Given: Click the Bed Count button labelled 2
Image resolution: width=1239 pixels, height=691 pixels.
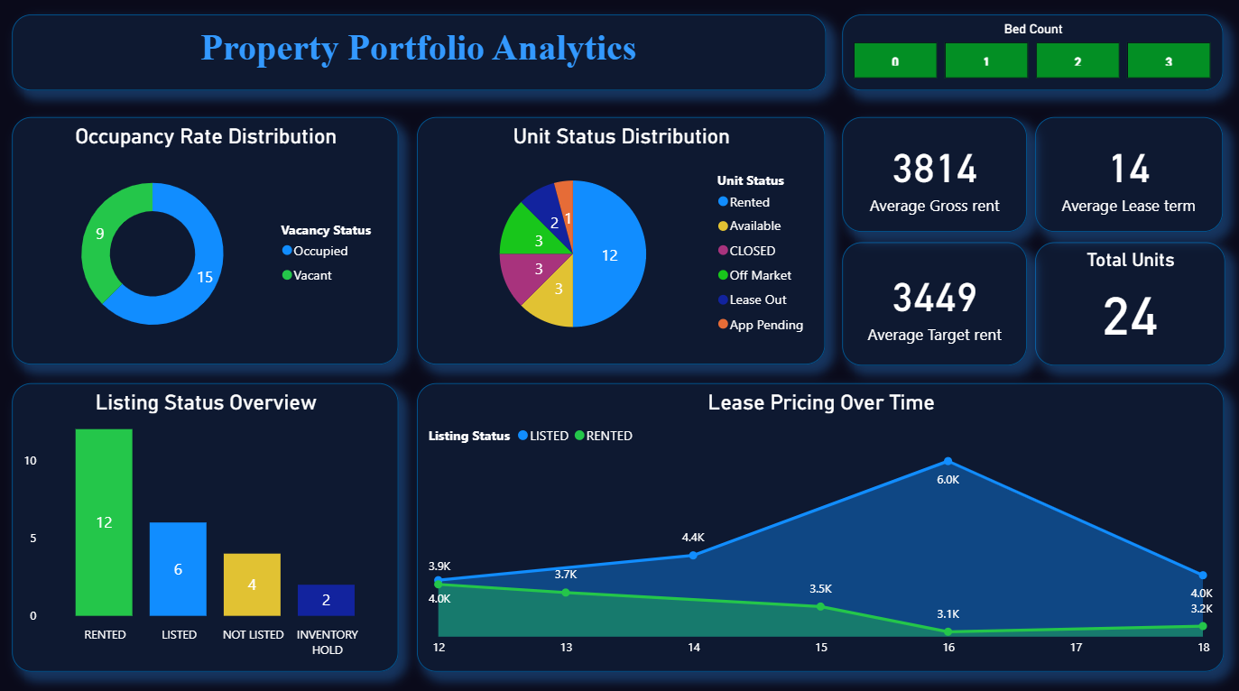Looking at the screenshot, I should pyautogui.click(x=1077, y=61).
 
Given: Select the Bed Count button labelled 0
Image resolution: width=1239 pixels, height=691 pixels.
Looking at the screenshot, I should pyautogui.click(x=895, y=61).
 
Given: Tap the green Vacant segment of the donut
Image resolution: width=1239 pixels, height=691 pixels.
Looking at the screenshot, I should pyautogui.click(x=98, y=235).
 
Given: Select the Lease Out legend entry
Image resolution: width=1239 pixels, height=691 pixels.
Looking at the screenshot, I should pyautogui.click(x=757, y=299).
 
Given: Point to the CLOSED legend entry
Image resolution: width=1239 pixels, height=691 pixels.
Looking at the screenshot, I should pyautogui.click(x=752, y=251).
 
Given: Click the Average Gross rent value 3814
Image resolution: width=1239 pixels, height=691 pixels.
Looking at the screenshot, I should pyautogui.click(x=934, y=170).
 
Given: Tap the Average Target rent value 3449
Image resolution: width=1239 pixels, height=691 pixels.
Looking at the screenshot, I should pyautogui.click(x=934, y=298).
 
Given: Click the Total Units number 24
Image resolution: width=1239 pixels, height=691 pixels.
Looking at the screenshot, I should pyautogui.click(x=1130, y=318).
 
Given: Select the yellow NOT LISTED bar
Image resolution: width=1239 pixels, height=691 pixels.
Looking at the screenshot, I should pyautogui.click(x=252, y=584).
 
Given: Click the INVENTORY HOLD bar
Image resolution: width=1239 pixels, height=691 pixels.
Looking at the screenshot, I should pyautogui.click(x=326, y=600).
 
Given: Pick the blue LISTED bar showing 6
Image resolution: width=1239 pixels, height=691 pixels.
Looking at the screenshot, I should pyautogui.click(x=178, y=568).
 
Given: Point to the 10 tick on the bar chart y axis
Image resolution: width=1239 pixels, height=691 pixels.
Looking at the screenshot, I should pyautogui.click(x=31, y=461).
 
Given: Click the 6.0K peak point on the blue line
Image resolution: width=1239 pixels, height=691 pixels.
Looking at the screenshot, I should pyautogui.click(x=948, y=461).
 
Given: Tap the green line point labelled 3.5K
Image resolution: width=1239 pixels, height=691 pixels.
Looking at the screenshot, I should pyautogui.click(x=820, y=606).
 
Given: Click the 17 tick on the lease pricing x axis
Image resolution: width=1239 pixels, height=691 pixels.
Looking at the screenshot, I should pyautogui.click(x=1076, y=648).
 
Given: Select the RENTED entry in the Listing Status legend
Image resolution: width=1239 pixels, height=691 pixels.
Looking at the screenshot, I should pyautogui.click(x=608, y=436).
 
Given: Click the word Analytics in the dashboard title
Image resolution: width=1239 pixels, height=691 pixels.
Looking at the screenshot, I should pyautogui.click(x=564, y=48).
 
